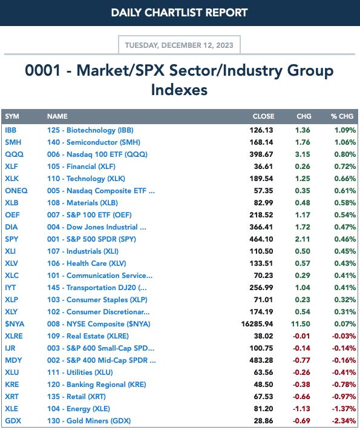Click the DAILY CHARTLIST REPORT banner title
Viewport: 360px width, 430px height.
(x=179, y=13)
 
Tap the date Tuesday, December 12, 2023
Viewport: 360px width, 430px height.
(x=179, y=45)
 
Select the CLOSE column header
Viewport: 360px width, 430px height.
(x=263, y=116)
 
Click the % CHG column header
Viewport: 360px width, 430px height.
(x=342, y=116)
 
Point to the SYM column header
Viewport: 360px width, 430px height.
(x=12, y=116)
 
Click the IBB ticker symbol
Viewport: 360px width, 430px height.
(x=11, y=130)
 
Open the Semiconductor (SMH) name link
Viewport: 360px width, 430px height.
(x=94, y=142)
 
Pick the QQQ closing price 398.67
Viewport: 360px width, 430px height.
(x=261, y=154)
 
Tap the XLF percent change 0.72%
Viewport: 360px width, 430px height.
(x=345, y=166)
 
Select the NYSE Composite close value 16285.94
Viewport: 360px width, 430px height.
(x=257, y=324)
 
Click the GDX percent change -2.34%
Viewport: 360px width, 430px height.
(x=344, y=421)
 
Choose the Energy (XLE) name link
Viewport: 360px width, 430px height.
(x=79, y=409)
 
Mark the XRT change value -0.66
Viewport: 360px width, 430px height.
(x=301, y=397)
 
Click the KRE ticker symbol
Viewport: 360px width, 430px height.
(x=12, y=385)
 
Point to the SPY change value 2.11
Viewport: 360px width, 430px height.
(x=303, y=239)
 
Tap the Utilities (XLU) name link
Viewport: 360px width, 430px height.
(x=80, y=372)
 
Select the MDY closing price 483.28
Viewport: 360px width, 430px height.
(x=261, y=360)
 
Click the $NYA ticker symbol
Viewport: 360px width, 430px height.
(x=15, y=324)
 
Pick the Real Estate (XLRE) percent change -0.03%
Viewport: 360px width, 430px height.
(x=344, y=336)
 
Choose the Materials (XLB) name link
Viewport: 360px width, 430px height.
(x=82, y=203)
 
